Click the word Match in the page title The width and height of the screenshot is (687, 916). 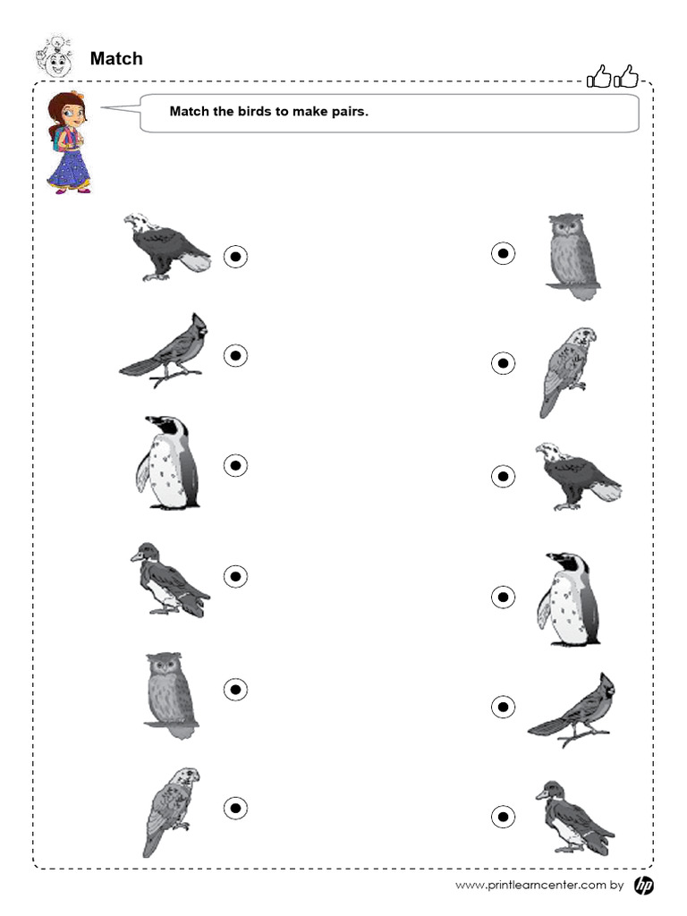pos(116,59)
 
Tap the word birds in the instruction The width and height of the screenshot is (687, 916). pos(256,113)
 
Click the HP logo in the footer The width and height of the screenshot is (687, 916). pos(643,885)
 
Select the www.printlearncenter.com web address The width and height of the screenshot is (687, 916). pos(530,886)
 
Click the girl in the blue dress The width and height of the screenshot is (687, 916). pos(68,143)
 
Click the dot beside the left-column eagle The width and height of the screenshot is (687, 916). pos(235,257)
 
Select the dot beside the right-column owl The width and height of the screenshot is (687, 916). pos(504,254)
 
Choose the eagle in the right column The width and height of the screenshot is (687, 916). pos(576,476)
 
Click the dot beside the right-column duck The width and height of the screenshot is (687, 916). pos(504,817)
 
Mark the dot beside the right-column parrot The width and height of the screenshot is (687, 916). pos(504,363)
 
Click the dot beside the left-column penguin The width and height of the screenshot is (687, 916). pos(235,465)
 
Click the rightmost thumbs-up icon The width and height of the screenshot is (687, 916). pos(628,79)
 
